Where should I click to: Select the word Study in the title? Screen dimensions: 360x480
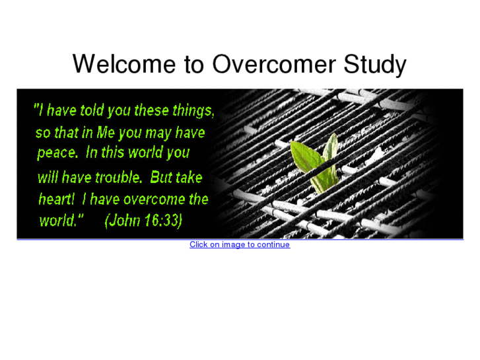tap(375, 65)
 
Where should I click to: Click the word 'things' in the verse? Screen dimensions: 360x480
tap(193, 110)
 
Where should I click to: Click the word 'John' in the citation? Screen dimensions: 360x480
tap(125, 221)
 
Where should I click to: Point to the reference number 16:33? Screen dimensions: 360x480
tap(164, 221)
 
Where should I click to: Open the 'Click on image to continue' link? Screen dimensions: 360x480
tap(239, 244)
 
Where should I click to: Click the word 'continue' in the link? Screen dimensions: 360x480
tap(273, 244)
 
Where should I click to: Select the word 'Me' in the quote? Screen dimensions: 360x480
tap(106, 132)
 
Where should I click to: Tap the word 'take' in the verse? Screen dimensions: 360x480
tap(189, 177)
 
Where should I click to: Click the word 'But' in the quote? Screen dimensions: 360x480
tap(161, 177)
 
